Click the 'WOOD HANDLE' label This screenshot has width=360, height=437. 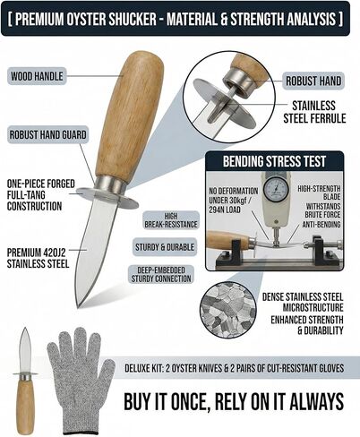(37, 76)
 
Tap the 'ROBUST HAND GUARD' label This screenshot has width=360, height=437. (47, 134)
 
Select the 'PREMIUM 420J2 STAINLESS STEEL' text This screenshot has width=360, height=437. (38, 258)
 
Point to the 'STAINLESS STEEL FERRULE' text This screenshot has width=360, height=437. (314, 112)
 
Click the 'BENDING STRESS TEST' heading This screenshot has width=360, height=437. (274, 161)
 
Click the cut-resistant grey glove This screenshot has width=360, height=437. (81, 381)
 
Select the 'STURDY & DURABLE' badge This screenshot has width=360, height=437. (165, 247)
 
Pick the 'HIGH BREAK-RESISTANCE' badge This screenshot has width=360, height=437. (171, 220)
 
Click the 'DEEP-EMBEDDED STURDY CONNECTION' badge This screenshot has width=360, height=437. (161, 275)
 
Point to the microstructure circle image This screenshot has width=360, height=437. (228, 310)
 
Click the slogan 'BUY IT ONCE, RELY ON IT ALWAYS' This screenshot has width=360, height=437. (234, 402)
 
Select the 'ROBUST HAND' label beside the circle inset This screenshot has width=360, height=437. (313, 81)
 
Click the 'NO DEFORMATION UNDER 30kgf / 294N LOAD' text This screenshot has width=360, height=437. (234, 201)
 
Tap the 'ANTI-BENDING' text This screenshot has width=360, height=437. (321, 225)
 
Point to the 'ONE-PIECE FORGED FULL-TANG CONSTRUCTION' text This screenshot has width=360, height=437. (41, 195)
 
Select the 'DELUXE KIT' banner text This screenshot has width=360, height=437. (235, 368)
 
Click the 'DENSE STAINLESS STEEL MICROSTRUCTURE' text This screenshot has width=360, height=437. (303, 302)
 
